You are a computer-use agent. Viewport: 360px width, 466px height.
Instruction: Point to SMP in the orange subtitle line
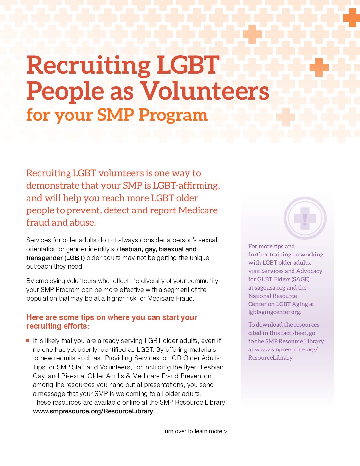pyautogui.click(x=115, y=115)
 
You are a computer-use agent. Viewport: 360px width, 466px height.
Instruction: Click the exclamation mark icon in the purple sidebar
pyautogui.click(x=305, y=218)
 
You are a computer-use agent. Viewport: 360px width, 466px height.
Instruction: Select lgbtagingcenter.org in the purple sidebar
pyautogui.click(x=275, y=312)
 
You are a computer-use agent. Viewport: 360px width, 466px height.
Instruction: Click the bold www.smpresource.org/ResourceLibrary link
pyautogui.click(x=93, y=411)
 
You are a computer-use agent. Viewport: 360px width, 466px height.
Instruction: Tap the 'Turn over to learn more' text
pyautogui.click(x=195, y=431)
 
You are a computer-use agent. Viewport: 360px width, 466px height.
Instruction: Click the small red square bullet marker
pyautogui.click(x=28, y=340)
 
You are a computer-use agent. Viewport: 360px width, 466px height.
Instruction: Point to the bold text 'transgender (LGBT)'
pyautogui.click(x=56, y=258)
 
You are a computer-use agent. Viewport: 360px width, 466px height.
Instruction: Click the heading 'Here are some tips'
pyautogui.click(x=112, y=318)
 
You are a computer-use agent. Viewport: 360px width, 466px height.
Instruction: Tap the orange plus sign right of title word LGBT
pyautogui.click(x=319, y=68)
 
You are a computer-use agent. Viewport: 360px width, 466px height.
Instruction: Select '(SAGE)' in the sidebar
pyautogui.click(x=300, y=279)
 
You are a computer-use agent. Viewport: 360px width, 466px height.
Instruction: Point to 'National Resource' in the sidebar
pyautogui.click(x=273, y=296)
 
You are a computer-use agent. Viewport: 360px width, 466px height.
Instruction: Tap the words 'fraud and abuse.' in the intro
pyautogui.click(x=61, y=223)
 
